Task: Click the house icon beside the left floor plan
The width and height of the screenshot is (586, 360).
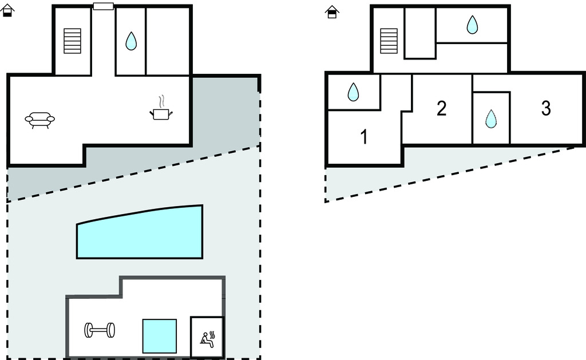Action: pyautogui.click(x=7, y=10)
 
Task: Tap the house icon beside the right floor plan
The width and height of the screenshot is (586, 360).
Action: pyautogui.click(x=332, y=11)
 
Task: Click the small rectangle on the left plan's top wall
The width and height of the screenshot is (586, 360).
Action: pyautogui.click(x=103, y=6)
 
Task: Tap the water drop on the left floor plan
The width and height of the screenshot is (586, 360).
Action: pyautogui.click(x=131, y=41)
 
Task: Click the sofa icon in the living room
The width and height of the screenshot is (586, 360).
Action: pyautogui.click(x=39, y=119)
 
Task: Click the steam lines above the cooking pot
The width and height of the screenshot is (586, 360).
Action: pyautogui.click(x=162, y=101)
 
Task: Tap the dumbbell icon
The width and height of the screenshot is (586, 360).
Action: pyautogui.click(x=100, y=330)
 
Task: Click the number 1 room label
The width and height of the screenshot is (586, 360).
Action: pyautogui.click(x=363, y=137)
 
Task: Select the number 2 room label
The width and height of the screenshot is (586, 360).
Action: pyautogui.click(x=441, y=108)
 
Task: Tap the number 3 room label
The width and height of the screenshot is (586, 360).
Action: pyautogui.click(x=545, y=108)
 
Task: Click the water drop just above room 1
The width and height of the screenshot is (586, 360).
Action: pyautogui.click(x=353, y=92)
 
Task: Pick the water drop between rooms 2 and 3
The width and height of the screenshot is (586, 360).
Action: pyautogui.click(x=490, y=118)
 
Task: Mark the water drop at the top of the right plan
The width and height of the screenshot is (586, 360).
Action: pyautogui.click(x=472, y=25)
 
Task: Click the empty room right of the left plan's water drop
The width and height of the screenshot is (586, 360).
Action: pyautogui.click(x=167, y=41)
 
